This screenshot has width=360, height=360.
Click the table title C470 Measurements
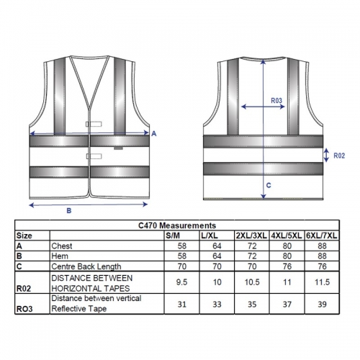pos(177,225)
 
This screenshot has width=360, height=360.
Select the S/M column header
pos(173,235)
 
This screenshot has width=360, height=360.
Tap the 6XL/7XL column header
pos(322,235)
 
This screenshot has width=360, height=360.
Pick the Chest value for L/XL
pos(217,246)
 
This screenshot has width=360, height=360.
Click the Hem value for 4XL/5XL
pos(287,256)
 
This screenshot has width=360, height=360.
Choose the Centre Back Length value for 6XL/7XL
pos(322,266)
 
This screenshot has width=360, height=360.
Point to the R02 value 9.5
pos(181,282)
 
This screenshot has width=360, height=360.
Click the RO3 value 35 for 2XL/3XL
pos(252,305)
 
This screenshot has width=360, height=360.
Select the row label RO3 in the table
pos(24,309)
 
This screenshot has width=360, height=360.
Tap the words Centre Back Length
pos(86,266)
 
